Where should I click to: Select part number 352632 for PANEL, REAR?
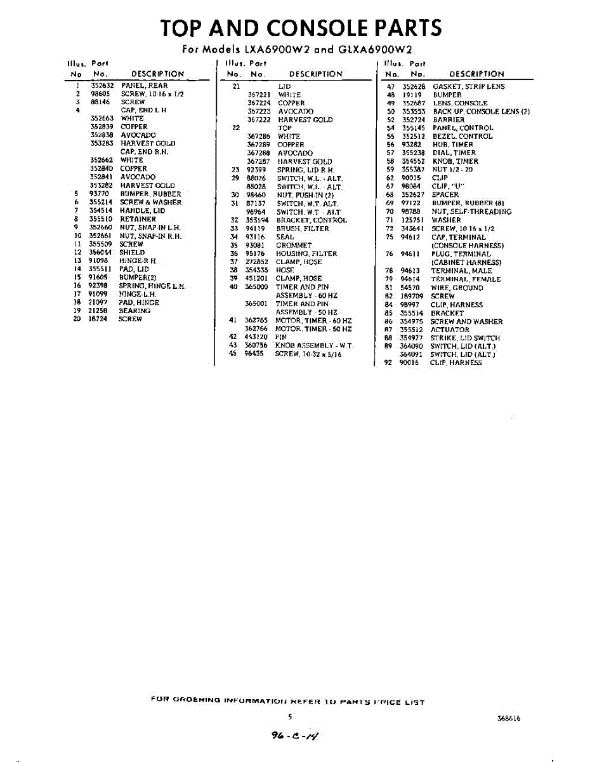102,86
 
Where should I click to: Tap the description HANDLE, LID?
142,210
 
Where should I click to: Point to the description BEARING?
134,311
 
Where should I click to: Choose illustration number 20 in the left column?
77,319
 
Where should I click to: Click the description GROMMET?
294,245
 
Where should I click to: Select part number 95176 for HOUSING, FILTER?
254,253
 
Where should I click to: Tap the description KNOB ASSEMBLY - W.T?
314,345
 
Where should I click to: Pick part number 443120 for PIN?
256,337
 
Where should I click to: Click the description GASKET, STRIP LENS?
469,86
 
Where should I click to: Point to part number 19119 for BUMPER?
411,95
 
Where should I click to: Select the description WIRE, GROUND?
457,288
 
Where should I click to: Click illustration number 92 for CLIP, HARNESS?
389,363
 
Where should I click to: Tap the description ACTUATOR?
450,330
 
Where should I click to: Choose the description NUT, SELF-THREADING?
471,211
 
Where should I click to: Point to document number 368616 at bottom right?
509,718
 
